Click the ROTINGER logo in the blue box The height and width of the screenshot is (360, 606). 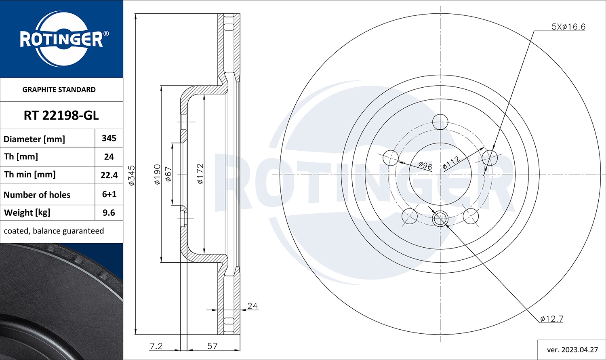(61, 39)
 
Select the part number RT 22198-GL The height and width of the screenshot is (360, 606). (61, 116)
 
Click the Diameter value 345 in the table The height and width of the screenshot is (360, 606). (109, 138)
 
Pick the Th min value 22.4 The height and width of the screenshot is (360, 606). (109, 175)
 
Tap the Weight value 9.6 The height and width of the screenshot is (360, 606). (109, 213)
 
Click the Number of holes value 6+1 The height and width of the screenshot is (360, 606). (109, 194)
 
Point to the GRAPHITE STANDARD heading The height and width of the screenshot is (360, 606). (59, 90)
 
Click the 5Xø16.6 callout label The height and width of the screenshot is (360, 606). (568, 27)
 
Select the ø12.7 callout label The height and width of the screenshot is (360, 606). (551, 319)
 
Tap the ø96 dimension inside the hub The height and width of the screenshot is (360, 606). (425, 165)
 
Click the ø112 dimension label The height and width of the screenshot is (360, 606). (451, 162)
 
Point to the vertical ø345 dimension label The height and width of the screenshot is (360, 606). (132, 175)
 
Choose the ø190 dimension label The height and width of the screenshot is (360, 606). (158, 174)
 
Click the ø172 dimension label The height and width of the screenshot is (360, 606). (200, 174)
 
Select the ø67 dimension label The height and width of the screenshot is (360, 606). (169, 174)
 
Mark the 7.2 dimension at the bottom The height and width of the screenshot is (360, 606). (156, 346)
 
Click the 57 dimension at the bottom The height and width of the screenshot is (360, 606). (213, 346)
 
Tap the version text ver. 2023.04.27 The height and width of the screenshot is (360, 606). (572, 350)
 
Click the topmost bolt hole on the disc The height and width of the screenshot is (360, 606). (440, 121)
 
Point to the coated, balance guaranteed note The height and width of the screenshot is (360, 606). (54, 231)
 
